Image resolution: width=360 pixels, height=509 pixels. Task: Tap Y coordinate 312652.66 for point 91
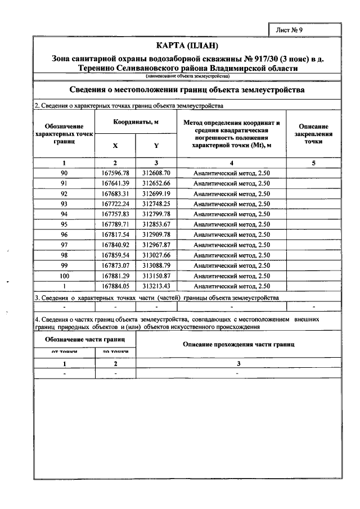(x=156, y=183)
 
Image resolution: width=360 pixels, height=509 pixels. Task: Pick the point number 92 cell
(x=64, y=193)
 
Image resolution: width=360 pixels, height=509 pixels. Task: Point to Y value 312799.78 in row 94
(x=156, y=214)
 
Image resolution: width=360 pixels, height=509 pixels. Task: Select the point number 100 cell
(x=64, y=276)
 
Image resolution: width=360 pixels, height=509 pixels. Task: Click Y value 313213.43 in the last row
(x=156, y=286)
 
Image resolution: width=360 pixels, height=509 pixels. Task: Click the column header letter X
(x=115, y=145)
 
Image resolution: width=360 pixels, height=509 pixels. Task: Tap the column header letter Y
(x=156, y=145)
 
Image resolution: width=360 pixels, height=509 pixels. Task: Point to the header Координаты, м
(x=136, y=122)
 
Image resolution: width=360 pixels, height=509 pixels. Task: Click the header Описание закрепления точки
(x=313, y=134)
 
